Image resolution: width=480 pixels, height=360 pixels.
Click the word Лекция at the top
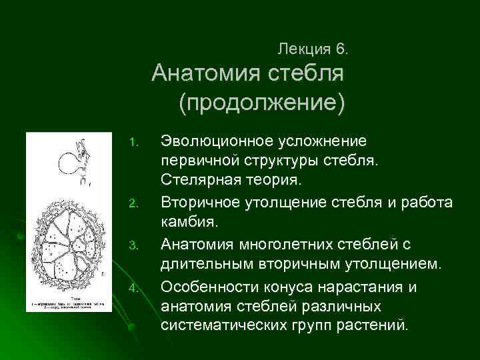303,49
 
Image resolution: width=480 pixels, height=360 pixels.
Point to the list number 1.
133,142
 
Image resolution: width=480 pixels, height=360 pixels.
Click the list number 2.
133,201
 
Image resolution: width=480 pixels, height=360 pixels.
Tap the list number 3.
133,247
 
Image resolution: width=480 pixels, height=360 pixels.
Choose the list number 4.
133,288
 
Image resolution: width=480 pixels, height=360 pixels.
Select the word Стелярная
195,179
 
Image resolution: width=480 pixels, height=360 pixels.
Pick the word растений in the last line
386,326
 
